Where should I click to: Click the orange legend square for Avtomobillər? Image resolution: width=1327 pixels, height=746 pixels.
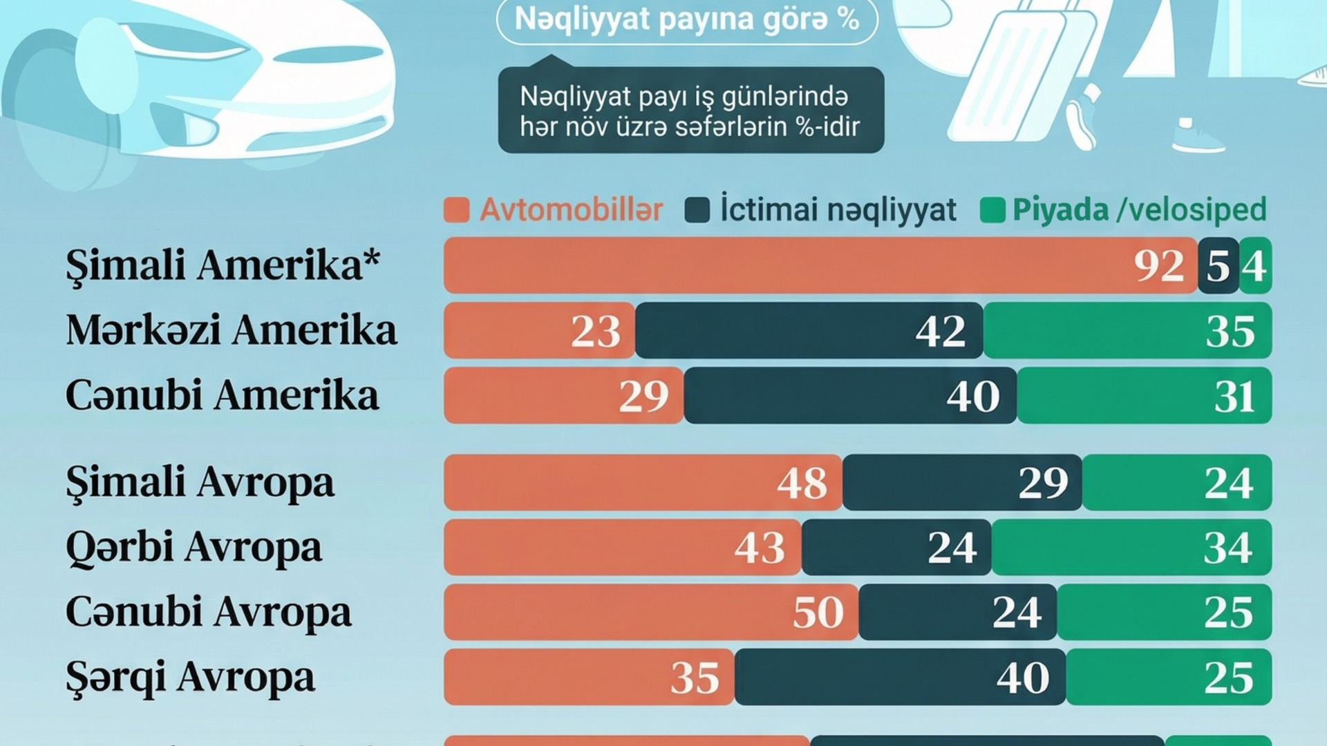[456, 210]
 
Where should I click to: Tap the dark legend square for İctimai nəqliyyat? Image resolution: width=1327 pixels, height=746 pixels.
[697, 210]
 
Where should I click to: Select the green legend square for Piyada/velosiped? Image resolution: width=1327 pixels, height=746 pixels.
[992, 210]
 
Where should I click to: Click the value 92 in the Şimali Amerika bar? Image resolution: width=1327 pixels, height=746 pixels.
[1158, 266]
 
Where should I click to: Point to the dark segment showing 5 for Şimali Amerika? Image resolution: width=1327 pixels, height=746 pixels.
[1218, 266]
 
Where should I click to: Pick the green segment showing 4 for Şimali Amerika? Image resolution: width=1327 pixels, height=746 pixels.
[1254, 266]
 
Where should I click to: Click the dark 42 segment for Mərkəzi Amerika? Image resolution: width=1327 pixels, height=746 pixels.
[809, 331]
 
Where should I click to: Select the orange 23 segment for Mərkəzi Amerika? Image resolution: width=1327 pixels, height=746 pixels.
[539, 331]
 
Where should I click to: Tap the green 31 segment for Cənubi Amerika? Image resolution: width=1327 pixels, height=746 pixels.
[1144, 396]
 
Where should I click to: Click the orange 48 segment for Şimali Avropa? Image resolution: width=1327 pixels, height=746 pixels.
[643, 483]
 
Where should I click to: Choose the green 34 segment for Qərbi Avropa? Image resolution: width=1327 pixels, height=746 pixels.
[1131, 548]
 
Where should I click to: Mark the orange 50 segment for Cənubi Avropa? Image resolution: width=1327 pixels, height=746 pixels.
[651, 613]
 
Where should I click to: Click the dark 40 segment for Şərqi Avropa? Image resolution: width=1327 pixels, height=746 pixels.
[900, 678]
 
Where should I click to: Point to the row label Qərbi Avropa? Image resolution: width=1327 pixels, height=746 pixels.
[194, 548]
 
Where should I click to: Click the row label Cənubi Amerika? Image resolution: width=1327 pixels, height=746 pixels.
[222, 396]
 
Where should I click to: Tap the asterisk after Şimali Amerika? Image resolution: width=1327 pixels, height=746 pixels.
[372, 259]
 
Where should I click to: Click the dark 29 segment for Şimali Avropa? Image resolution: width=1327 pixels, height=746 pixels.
[962, 483]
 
